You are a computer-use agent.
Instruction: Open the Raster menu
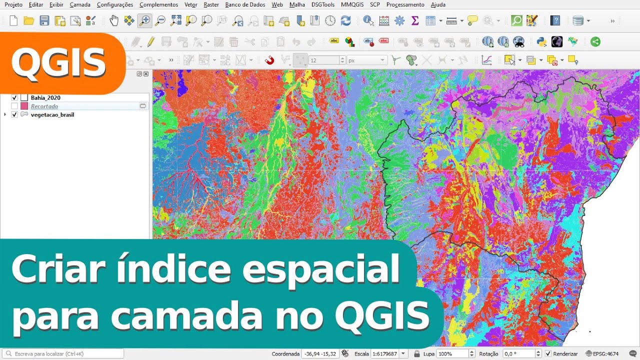[211, 4]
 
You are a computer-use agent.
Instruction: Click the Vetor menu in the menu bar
[190, 4]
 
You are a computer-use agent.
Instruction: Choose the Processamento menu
[405, 4]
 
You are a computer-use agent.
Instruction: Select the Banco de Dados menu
[245, 4]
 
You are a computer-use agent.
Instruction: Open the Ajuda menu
[438, 4]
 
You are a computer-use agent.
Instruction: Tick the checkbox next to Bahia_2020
[14, 98]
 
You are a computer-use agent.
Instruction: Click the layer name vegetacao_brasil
[52, 115]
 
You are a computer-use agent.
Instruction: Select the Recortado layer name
[44, 106]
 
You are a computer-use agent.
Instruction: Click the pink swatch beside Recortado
[24, 106]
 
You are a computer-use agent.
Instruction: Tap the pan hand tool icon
[114, 20]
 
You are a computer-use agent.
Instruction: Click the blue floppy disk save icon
[44, 20]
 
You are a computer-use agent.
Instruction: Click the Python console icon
[541, 42]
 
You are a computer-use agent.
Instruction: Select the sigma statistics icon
[414, 20]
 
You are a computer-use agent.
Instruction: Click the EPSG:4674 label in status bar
[605, 354]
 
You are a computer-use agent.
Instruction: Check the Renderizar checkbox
[548, 354]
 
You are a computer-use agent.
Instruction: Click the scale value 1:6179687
[384, 354]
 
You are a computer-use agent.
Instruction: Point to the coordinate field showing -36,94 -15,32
[319, 354]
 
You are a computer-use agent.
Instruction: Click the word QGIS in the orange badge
[58, 63]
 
